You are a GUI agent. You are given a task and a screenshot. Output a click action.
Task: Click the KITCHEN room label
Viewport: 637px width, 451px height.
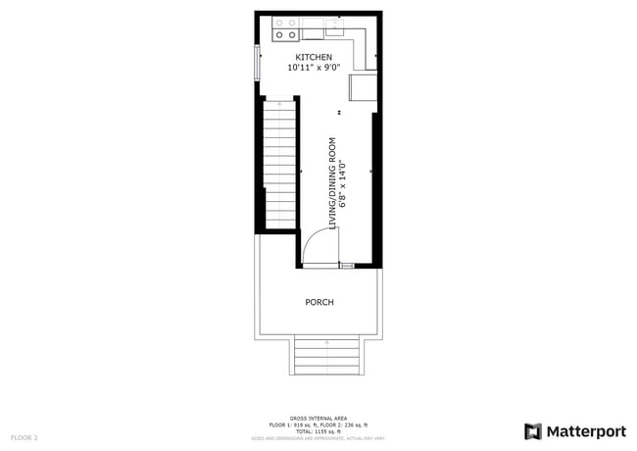[315, 58]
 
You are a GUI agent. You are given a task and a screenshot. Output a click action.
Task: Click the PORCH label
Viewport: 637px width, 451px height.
[319, 302]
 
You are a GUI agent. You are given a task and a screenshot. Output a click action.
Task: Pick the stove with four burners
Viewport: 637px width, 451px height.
[286, 29]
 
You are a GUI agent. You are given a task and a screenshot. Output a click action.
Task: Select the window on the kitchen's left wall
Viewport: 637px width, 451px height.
[258, 64]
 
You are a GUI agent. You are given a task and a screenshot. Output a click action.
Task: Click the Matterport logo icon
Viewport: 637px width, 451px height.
[533, 431]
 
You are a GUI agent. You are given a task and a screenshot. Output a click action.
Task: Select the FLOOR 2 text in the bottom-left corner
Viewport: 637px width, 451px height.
[24, 436]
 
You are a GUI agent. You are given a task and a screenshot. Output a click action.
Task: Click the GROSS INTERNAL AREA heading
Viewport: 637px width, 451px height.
[318, 418]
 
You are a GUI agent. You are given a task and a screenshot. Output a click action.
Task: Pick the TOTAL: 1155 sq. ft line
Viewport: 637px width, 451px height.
[318, 431]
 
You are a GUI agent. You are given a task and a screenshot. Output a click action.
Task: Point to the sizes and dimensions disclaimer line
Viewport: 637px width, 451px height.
[318, 437]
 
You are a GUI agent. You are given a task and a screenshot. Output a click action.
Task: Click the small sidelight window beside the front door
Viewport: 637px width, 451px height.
[346, 265]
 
